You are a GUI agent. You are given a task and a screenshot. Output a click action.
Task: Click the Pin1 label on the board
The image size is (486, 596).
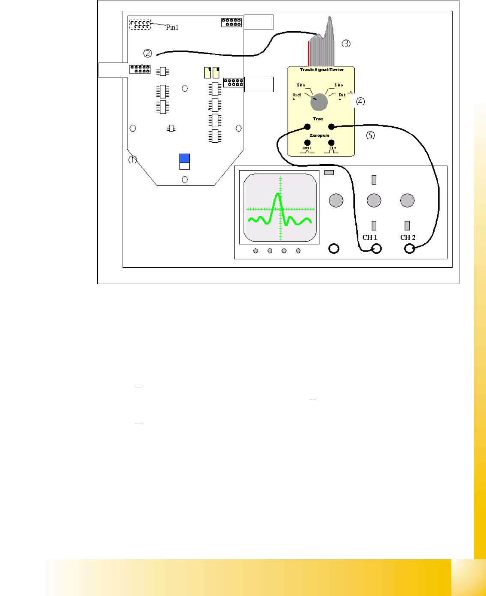172,27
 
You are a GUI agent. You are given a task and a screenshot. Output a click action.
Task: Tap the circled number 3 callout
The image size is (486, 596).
346,44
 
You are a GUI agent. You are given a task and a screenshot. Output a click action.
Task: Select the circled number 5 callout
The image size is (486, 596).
370,135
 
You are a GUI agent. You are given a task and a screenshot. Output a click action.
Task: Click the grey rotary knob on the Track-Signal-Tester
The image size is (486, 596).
319,102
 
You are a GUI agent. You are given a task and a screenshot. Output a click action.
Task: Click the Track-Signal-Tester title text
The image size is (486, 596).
321,69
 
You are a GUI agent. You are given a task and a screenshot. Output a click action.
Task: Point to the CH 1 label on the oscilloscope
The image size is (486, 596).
370,237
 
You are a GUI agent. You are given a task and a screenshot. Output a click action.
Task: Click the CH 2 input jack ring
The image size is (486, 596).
410,249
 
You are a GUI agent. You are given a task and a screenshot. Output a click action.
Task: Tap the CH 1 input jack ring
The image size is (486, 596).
376,249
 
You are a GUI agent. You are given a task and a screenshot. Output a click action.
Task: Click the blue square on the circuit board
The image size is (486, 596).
185,158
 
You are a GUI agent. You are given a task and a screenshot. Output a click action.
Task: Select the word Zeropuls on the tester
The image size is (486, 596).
319,135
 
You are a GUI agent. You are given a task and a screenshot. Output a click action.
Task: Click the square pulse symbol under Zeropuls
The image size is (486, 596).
331,150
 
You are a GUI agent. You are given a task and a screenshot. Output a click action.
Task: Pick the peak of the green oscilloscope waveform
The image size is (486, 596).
278,195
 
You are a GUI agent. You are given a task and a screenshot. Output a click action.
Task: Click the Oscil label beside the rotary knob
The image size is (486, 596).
297,95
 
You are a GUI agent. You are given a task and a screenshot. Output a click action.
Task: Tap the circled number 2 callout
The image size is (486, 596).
147,53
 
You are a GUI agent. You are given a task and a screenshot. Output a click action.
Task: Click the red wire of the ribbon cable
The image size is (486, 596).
308,54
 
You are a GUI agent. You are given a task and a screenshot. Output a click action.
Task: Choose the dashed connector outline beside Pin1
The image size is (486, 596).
140,24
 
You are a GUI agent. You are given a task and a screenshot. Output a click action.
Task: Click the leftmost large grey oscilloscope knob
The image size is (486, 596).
336,200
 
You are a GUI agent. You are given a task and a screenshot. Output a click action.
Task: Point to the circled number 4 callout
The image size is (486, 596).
361,102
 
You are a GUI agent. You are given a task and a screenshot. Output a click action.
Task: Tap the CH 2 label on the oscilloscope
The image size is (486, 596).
408,237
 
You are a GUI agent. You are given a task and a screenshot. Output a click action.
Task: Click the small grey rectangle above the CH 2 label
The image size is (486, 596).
407,225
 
